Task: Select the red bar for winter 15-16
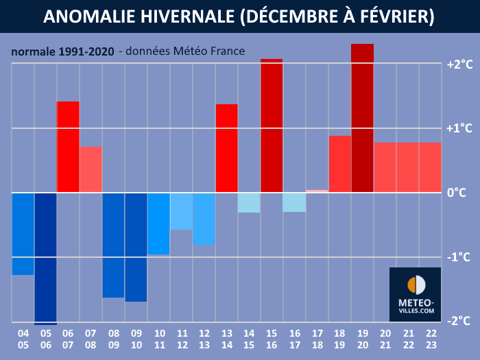coord(272,125)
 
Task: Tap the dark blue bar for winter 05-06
coord(45,258)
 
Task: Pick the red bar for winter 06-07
coord(68,147)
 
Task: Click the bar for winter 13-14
coord(226,148)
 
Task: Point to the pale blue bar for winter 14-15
coord(249,202)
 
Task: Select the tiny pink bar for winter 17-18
coord(317,191)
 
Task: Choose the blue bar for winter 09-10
coord(136,247)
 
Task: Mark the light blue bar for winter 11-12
coord(181,211)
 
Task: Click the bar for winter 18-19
coord(339,164)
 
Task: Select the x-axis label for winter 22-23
coord(430,339)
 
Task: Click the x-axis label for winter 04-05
coord(23,339)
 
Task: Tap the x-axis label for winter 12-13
coord(204,339)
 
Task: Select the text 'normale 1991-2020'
coord(62,51)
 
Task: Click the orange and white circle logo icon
coord(416,285)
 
